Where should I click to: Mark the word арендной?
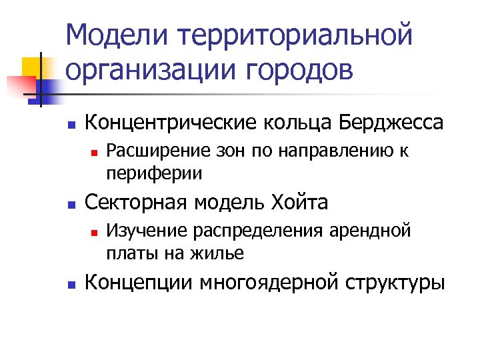point(369,232)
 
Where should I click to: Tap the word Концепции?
point(141,283)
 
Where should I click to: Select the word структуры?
point(395,283)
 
